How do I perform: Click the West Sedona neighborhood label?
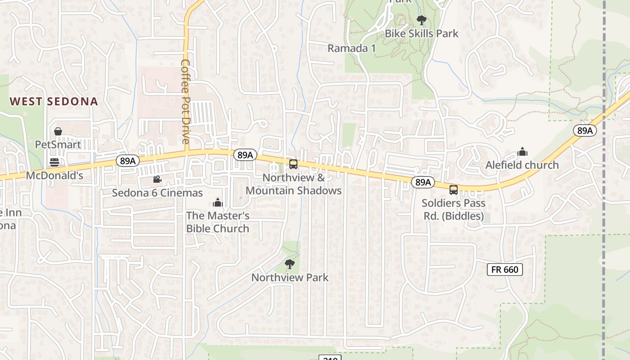pos(54,101)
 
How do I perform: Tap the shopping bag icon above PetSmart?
pos(58,131)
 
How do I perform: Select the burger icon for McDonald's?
pos(54,162)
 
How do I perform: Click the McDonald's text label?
pos(54,175)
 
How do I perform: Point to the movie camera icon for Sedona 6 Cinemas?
pos(157,180)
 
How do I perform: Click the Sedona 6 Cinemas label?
pos(157,193)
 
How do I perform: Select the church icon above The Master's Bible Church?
pos(218,202)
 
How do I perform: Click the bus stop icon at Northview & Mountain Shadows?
pos(293,164)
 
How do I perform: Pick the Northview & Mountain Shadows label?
pos(293,184)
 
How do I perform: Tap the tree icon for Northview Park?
pos(290,264)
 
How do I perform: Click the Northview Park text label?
pos(290,278)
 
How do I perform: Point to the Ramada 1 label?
pos(351,48)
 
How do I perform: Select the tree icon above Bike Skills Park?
pos(421,20)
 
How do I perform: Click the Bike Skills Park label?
pos(421,33)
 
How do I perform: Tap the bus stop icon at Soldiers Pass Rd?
pos(454,190)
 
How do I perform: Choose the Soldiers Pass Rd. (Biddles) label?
pos(454,210)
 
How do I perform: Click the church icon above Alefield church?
pos(522,152)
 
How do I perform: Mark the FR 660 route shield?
pos(505,270)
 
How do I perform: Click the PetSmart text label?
pos(58,144)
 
